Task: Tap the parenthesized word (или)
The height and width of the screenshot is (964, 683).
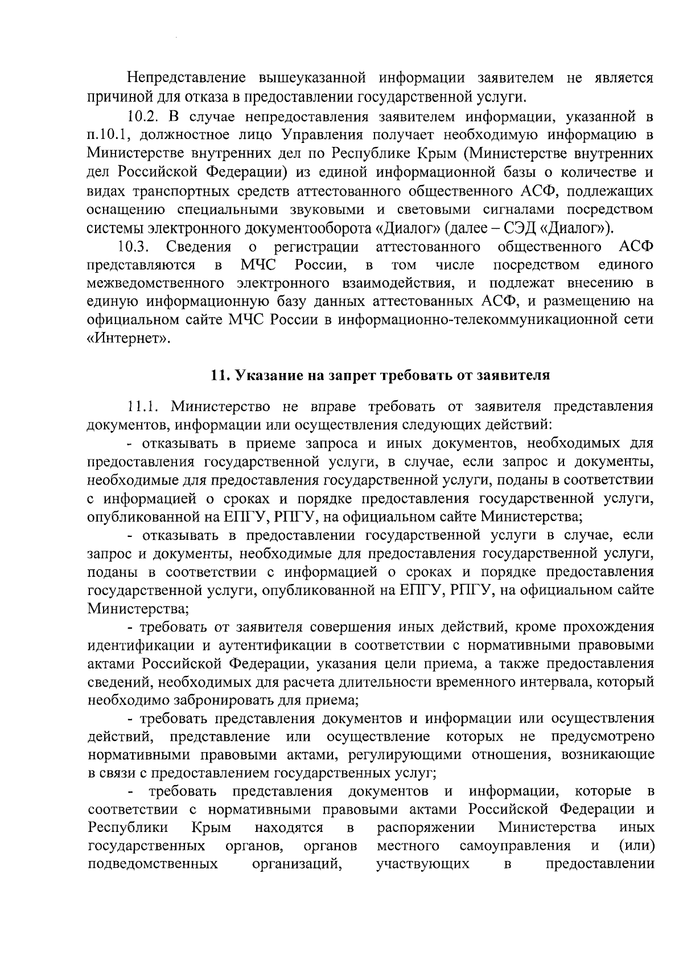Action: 636,846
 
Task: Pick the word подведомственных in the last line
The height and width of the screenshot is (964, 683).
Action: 153,864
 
